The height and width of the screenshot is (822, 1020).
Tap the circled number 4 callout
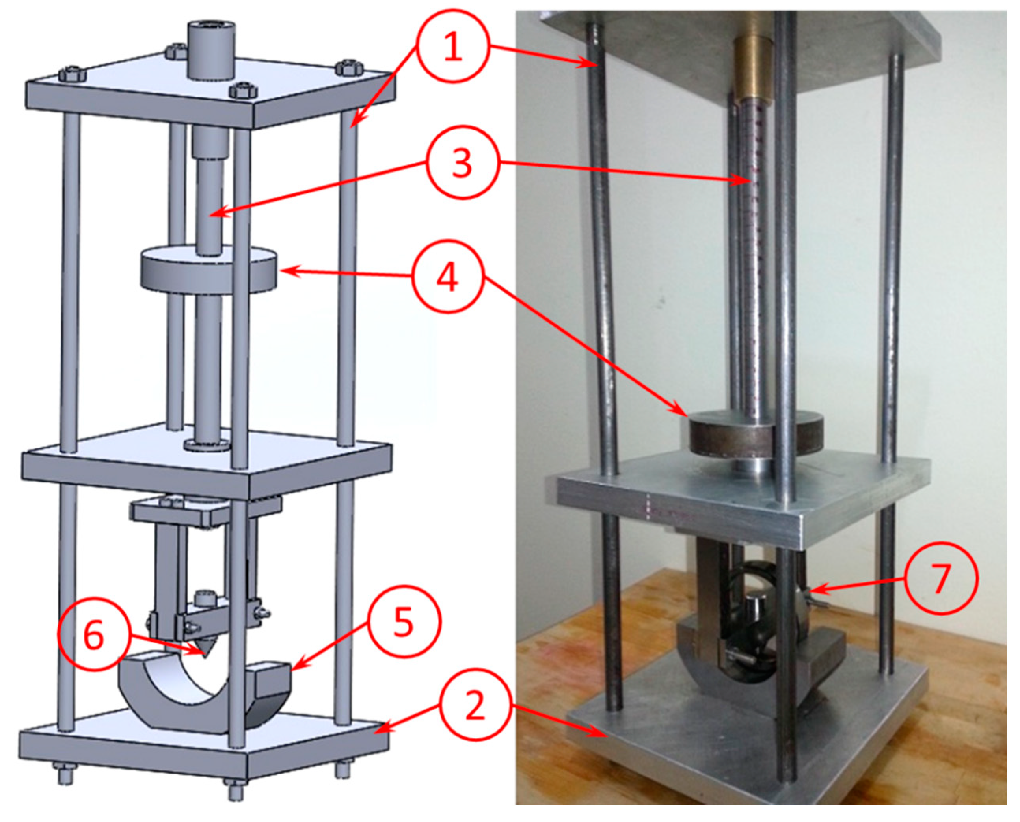tap(447, 277)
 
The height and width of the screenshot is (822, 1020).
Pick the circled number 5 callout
tap(404, 623)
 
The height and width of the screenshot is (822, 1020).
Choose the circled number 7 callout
tap(940, 578)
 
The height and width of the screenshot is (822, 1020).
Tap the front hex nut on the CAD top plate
tap(242, 90)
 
